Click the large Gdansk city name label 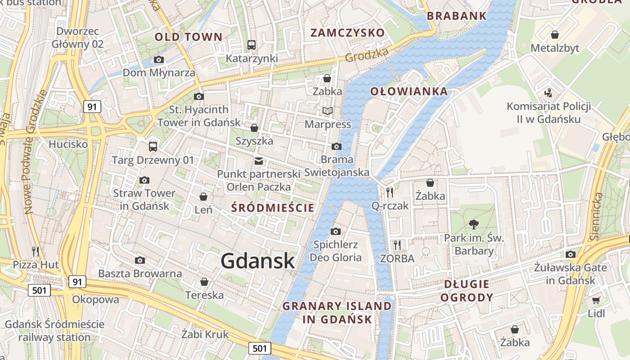pos(258,261)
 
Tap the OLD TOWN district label pos(189,37)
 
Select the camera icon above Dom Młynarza pos(158,59)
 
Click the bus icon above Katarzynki pos(252,45)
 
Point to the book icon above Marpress pos(328,111)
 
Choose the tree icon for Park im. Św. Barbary pos(473,224)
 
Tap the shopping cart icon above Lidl pos(596,300)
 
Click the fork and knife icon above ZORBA pos(397,245)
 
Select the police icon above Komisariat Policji pos(548,93)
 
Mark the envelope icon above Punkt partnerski pos(259,161)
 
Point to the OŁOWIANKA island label pos(409,92)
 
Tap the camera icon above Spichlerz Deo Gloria pos(335,231)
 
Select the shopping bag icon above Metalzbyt pos(555,35)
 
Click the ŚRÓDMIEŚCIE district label pos(273,207)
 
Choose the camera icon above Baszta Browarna pos(140,260)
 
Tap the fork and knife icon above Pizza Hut pos(36,251)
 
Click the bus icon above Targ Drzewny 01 pos(153,146)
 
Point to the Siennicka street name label pos(596,216)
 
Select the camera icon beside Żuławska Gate pos(571,254)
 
